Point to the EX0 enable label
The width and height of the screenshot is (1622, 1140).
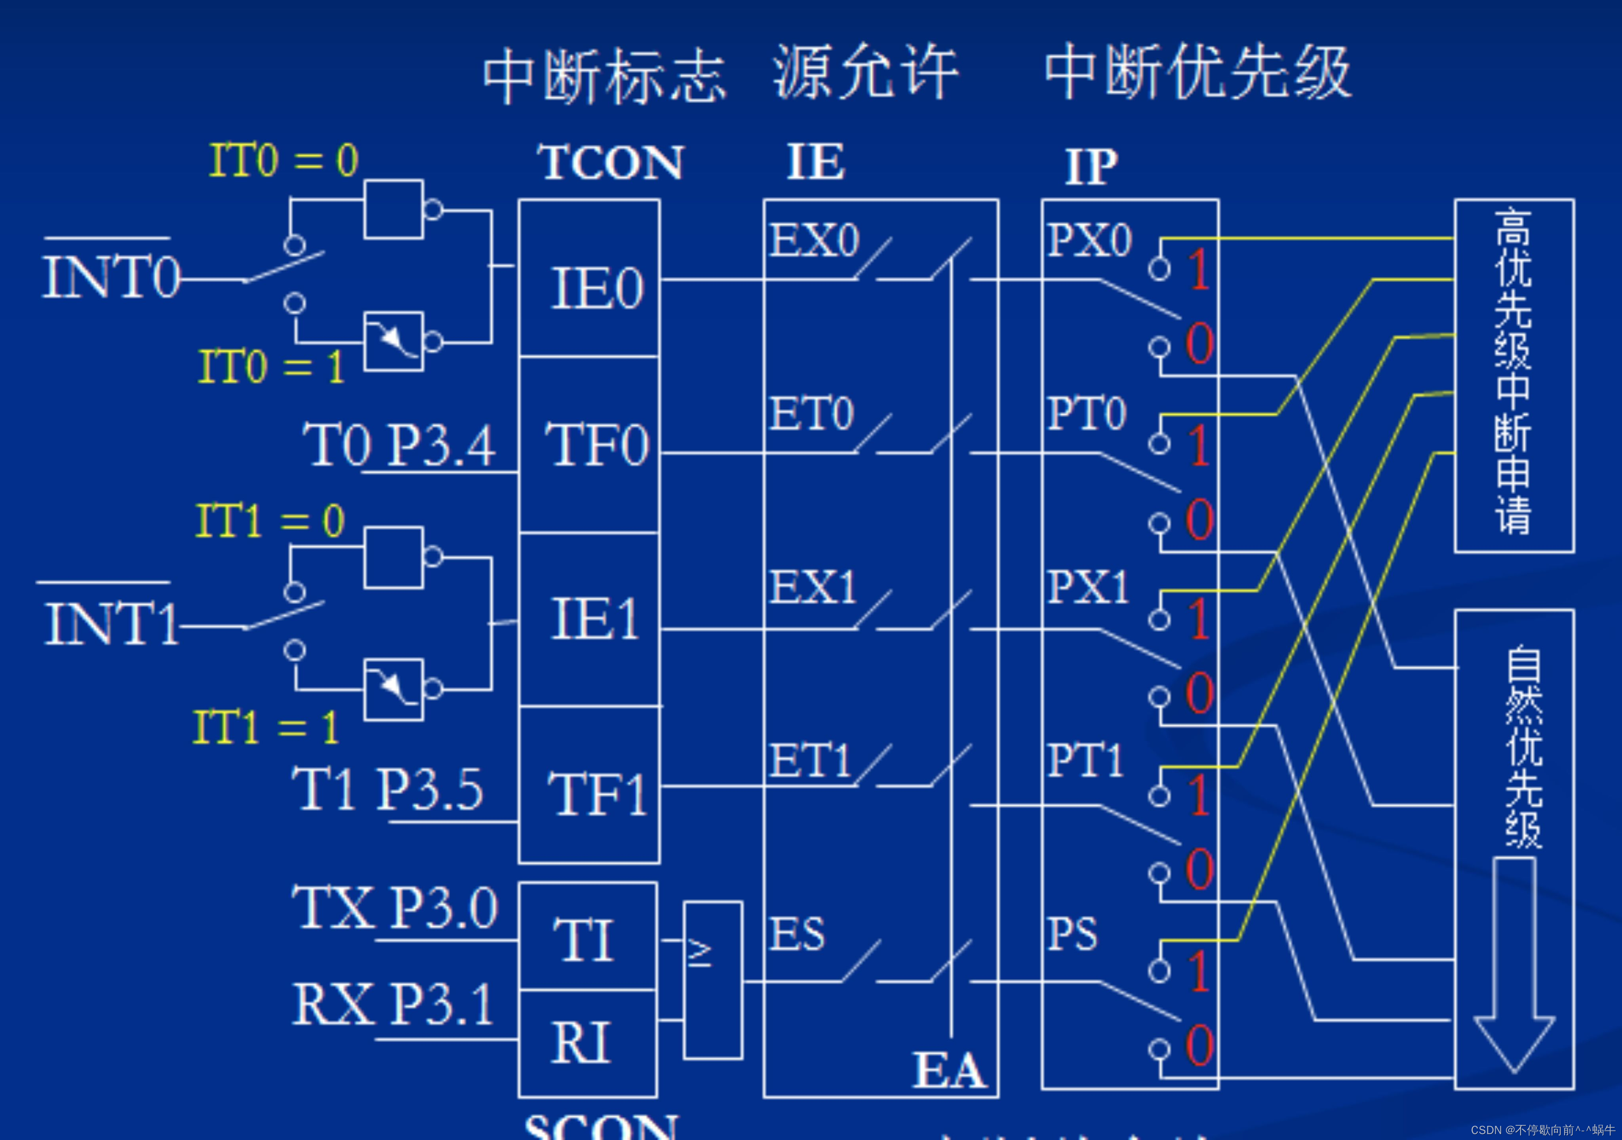(x=814, y=240)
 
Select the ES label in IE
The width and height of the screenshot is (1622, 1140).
(x=797, y=934)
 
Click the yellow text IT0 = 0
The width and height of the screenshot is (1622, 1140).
(x=284, y=160)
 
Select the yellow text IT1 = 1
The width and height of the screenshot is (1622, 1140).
(x=267, y=728)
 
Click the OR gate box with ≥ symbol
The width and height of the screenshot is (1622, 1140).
(x=712, y=980)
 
